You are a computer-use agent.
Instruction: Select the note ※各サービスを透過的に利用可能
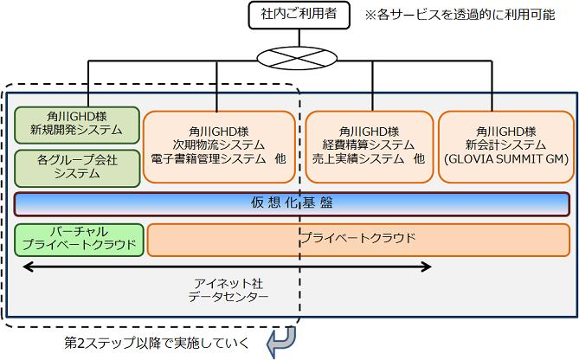point(459,16)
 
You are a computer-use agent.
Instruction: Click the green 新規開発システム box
point(77,124)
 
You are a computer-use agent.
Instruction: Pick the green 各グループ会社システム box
point(77,167)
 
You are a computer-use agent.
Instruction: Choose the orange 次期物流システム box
point(219,145)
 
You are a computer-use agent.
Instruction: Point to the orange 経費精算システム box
point(369,145)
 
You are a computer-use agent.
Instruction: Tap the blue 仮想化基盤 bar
point(292,203)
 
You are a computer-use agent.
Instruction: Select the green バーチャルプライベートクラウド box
point(77,239)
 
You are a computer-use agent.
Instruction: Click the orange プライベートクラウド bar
point(358,239)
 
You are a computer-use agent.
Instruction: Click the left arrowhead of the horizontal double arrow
point(26,267)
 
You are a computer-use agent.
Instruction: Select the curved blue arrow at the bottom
point(281,341)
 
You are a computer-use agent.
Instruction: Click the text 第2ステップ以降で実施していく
point(157,343)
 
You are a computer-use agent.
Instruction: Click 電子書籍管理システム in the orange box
point(213,159)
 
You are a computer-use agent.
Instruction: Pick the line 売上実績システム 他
point(369,159)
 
